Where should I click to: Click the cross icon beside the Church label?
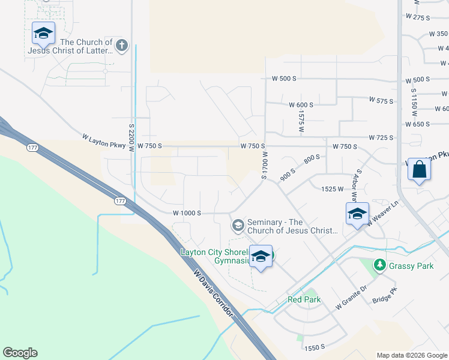tap(122, 46)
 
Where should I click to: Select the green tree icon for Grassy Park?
tap(379, 265)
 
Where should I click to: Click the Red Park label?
tap(304, 299)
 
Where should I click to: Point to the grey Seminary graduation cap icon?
tap(238, 226)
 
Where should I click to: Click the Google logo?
tap(20, 353)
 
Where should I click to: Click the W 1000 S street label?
tap(187, 213)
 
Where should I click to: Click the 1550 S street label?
tap(314, 347)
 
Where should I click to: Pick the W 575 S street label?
tap(381, 100)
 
